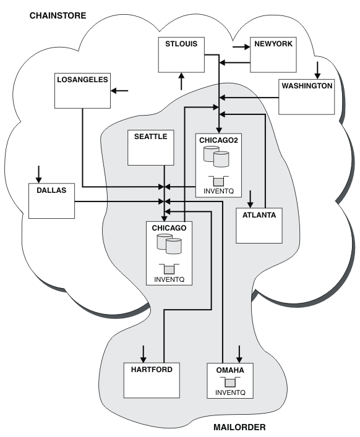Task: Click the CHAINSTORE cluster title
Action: [58, 15]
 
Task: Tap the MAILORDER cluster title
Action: [239, 427]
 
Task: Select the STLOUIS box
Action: [181, 55]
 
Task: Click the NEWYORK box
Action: [273, 55]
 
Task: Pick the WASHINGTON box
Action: [307, 96]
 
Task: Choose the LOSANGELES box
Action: [82, 91]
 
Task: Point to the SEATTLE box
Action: [151, 148]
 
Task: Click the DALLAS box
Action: [51, 201]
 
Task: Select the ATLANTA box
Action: [259, 226]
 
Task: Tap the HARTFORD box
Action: [152, 380]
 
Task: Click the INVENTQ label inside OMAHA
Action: [230, 392]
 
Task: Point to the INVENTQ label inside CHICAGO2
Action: [218, 191]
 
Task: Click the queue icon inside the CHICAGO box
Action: [169, 269]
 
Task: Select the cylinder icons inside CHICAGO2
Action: [216, 156]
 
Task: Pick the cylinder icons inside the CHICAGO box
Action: [169, 244]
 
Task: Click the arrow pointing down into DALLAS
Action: [39, 174]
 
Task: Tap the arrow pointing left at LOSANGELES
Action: [119, 91]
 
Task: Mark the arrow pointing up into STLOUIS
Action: [181, 82]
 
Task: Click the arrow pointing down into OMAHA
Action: [239, 354]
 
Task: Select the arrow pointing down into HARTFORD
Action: [143, 354]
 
